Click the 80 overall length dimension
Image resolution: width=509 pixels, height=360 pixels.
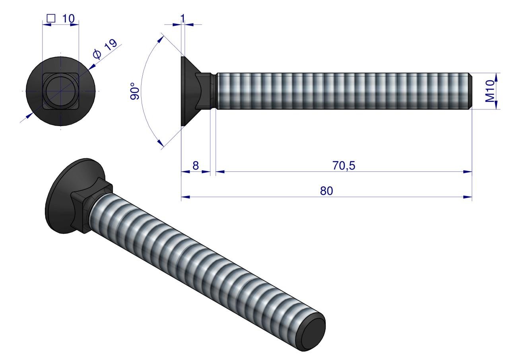(x=326, y=191)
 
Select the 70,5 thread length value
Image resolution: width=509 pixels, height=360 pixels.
(x=344, y=166)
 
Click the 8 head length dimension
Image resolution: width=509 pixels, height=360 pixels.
(x=195, y=166)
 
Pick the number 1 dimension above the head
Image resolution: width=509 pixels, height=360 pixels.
(x=183, y=18)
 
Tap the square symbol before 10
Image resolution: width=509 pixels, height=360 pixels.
(x=51, y=18)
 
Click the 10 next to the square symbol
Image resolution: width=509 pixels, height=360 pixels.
(x=68, y=18)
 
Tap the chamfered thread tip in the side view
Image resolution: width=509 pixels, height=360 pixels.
(x=470, y=91)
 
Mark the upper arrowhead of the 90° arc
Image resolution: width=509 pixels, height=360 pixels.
(x=161, y=39)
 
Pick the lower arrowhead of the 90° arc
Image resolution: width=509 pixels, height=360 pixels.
(x=161, y=143)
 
